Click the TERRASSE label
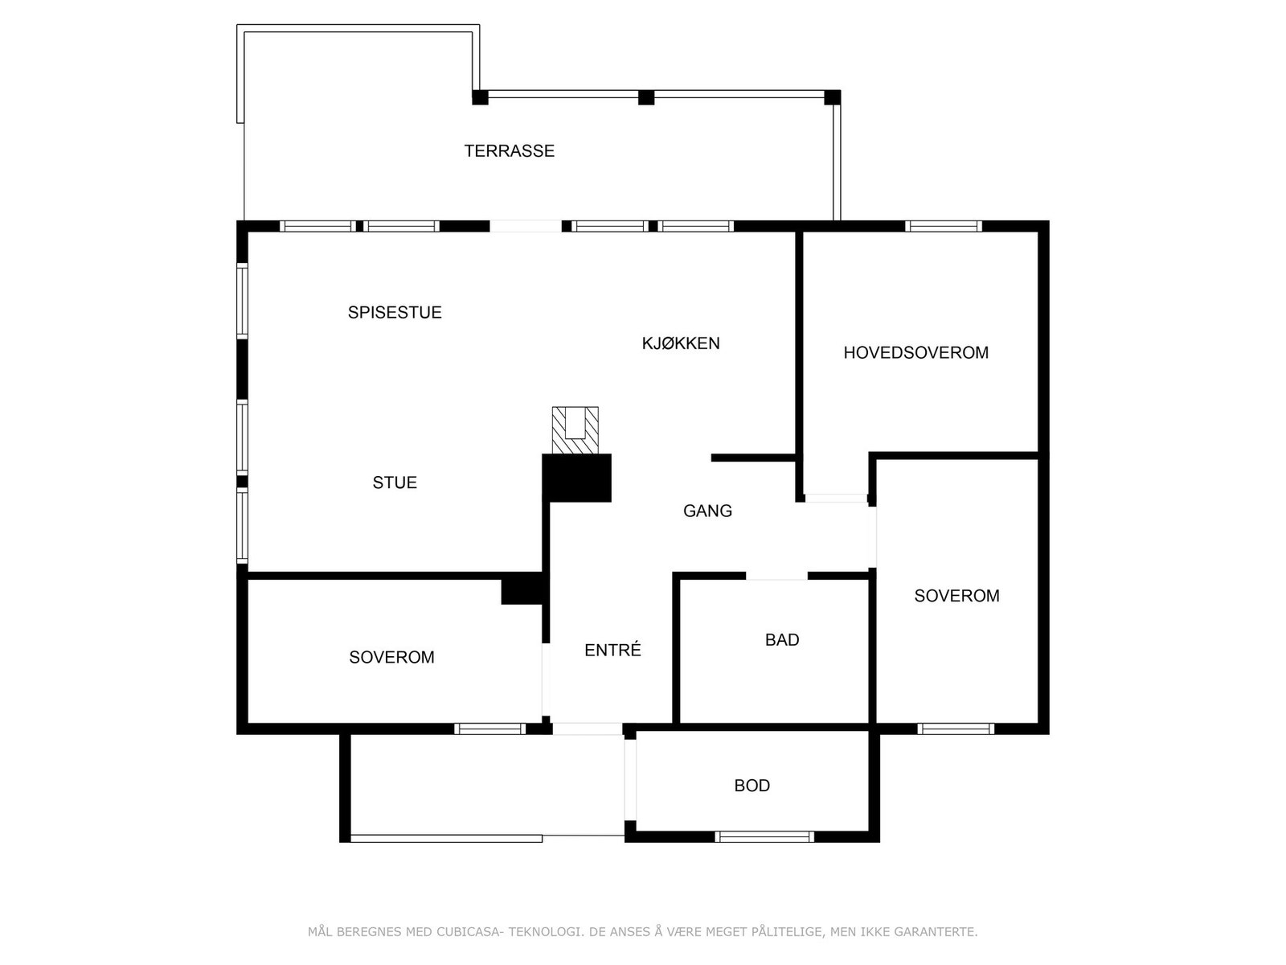click(x=509, y=150)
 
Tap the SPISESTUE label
click(x=395, y=312)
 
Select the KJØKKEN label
click(x=680, y=343)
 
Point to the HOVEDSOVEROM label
click(x=915, y=352)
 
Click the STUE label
click(x=395, y=482)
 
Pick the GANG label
click(x=707, y=511)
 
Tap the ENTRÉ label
click(x=612, y=650)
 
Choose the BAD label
click(x=781, y=640)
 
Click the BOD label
click(x=752, y=786)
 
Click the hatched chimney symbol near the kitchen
click(x=575, y=429)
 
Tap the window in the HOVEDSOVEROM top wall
click(x=943, y=226)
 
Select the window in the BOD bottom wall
click(x=764, y=836)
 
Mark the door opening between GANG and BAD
click(x=776, y=576)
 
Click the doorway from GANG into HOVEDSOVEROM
click(x=836, y=499)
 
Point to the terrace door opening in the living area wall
click(x=526, y=226)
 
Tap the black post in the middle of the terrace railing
click(x=646, y=97)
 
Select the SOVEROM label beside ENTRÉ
click(x=391, y=657)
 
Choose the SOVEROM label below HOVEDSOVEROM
click(x=956, y=596)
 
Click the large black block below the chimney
click(x=577, y=478)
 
